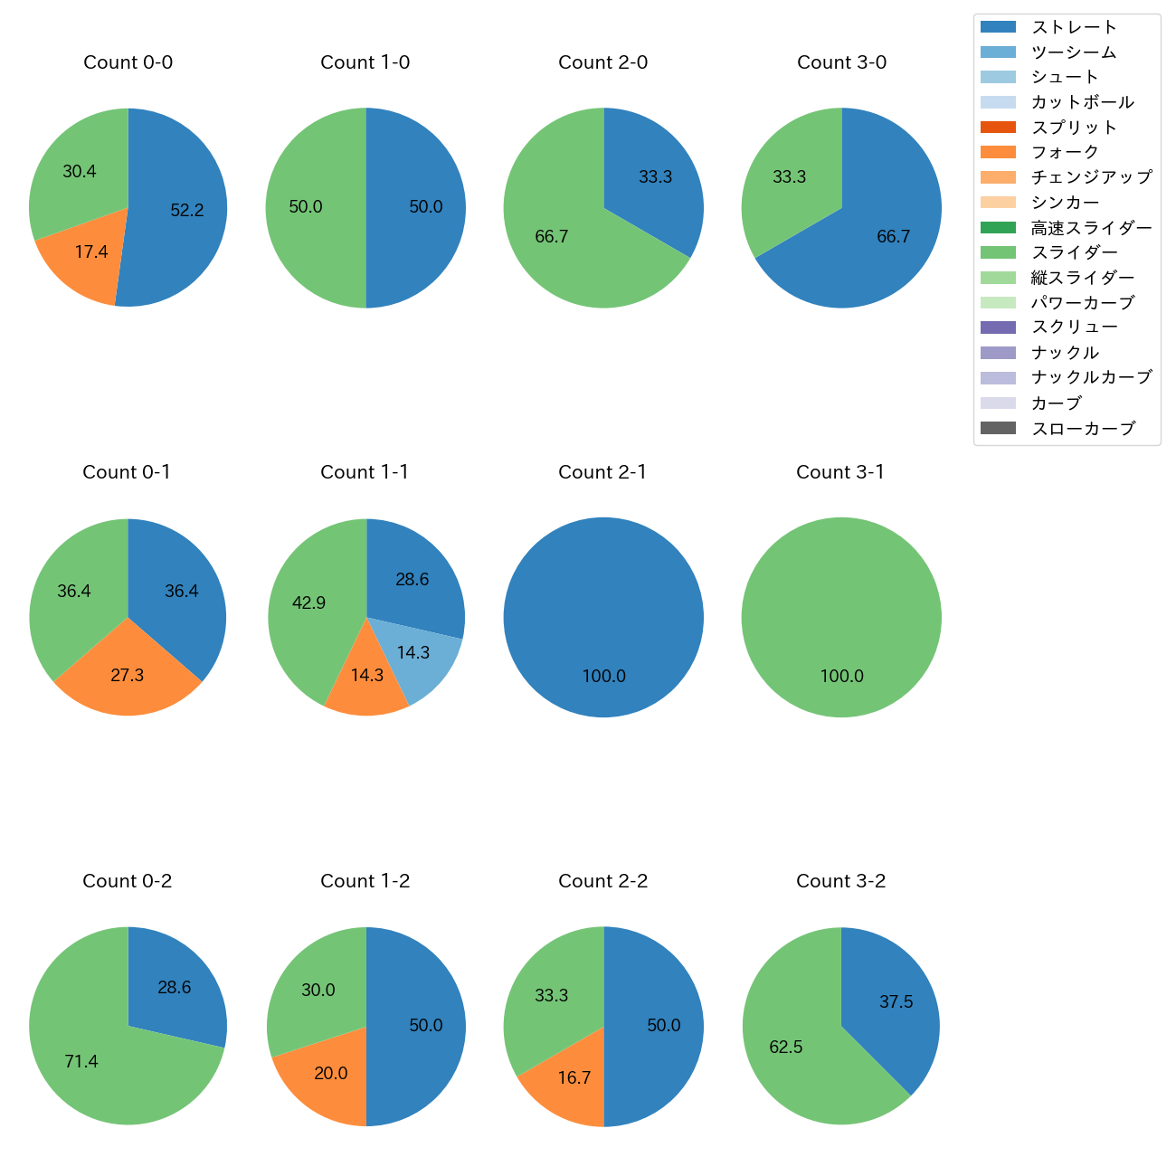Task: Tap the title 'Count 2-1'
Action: coord(602,472)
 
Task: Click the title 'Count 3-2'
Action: coord(840,881)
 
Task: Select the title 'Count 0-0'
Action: coord(128,62)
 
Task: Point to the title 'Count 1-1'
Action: coord(365,472)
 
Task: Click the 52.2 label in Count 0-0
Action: coord(187,211)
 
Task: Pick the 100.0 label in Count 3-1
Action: coord(841,677)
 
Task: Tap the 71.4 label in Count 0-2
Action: coord(81,1062)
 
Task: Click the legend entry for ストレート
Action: coord(1074,27)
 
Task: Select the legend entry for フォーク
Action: coord(1065,152)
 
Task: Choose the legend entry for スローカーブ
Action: coord(1083,429)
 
